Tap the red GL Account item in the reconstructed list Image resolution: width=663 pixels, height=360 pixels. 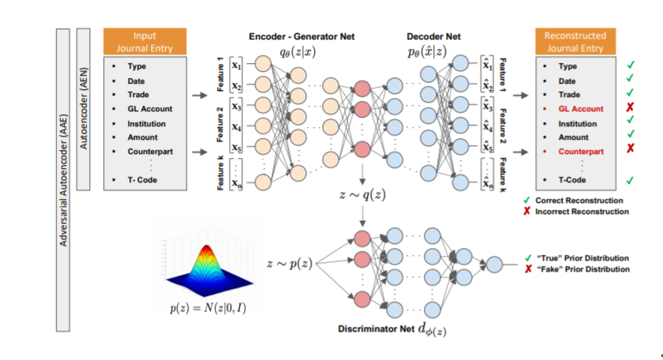[581, 109]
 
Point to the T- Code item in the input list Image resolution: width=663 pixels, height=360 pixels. [142, 180]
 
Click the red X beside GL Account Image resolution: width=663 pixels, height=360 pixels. [631, 109]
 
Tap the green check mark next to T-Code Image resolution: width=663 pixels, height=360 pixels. [631, 181]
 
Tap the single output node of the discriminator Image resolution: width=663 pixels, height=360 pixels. [494, 265]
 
